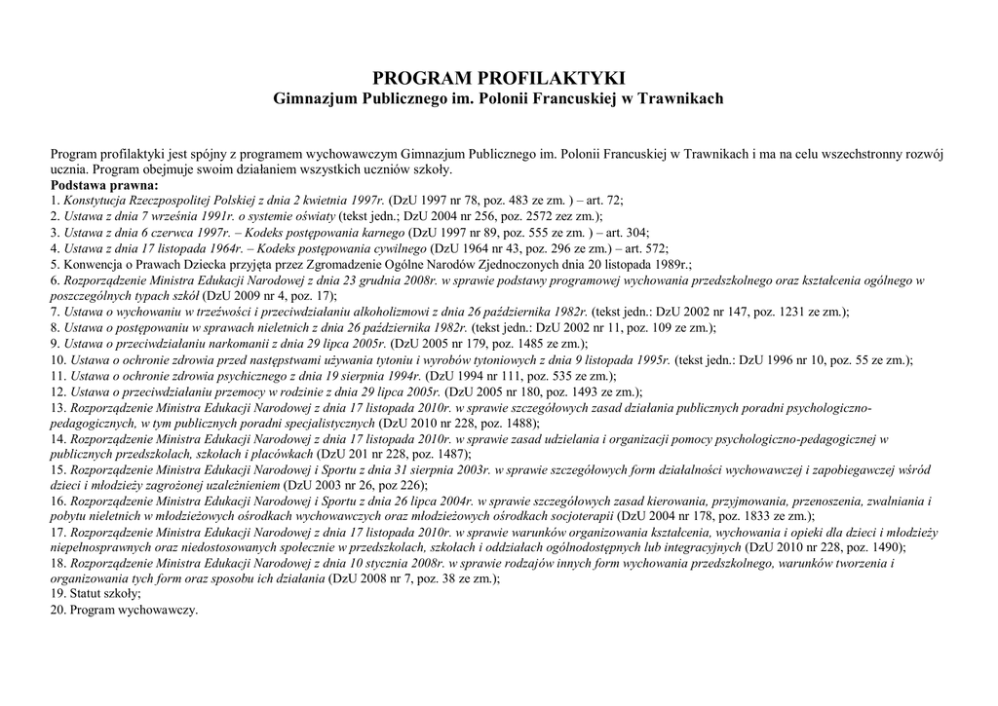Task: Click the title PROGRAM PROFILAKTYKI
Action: click(498, 78)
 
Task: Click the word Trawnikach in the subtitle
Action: click(680, 99)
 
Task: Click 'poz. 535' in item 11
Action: click(546, 376)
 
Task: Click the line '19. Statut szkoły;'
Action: click(89, 594)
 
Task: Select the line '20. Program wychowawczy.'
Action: click(124, 610)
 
